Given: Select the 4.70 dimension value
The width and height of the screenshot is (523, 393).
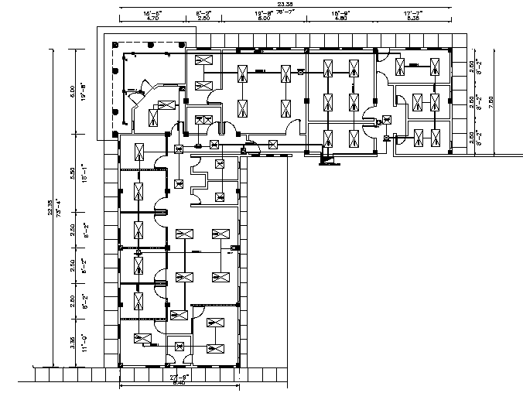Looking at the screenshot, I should click(152, 19).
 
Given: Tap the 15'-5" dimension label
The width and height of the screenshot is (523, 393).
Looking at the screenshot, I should click(152, 13).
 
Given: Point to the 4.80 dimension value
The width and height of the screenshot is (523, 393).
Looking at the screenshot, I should click(340, 19).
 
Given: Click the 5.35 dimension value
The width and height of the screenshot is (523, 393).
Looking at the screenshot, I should click(411, 19).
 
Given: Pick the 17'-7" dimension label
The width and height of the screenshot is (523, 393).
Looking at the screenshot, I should click(411, 13).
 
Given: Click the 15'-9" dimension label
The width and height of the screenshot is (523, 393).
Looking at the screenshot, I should click(340, 13).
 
